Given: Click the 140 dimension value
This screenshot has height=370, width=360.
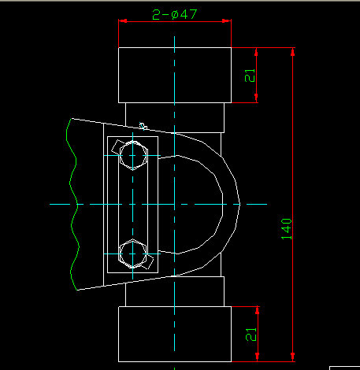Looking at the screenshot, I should [x=286, y=228].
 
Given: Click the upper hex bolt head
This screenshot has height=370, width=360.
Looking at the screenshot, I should [x=132, y=155].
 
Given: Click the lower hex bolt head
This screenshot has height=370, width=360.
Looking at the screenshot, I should [x=132, y=253].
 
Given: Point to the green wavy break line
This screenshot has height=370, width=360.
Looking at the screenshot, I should [x=76, y=205].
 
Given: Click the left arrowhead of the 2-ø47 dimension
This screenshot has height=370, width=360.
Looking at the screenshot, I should [x=122, y=23].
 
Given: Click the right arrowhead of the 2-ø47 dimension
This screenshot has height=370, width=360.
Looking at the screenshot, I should [x=228, y=23].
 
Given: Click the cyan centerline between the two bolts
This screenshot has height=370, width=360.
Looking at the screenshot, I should [x=132, y=205].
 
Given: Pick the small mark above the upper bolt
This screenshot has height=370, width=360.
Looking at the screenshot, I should [x=143, y=124].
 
